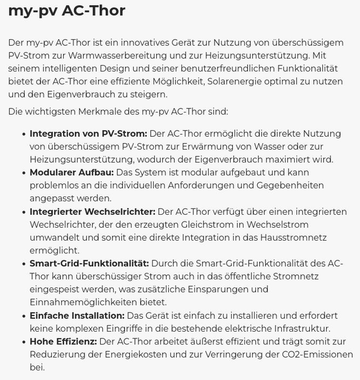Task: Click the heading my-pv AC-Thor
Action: [66, 11]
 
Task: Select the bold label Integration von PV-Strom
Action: [88, 134]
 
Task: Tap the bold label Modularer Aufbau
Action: [71, 173]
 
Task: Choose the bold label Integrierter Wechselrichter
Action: [92, 212]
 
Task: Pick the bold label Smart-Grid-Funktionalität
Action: [89, 264]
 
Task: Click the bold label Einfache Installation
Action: [77, 316]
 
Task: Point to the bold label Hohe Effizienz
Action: [63, 342]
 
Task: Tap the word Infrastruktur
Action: [300, 329]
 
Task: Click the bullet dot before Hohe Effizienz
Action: [24, 342]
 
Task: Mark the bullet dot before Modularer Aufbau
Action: [24, 173]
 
